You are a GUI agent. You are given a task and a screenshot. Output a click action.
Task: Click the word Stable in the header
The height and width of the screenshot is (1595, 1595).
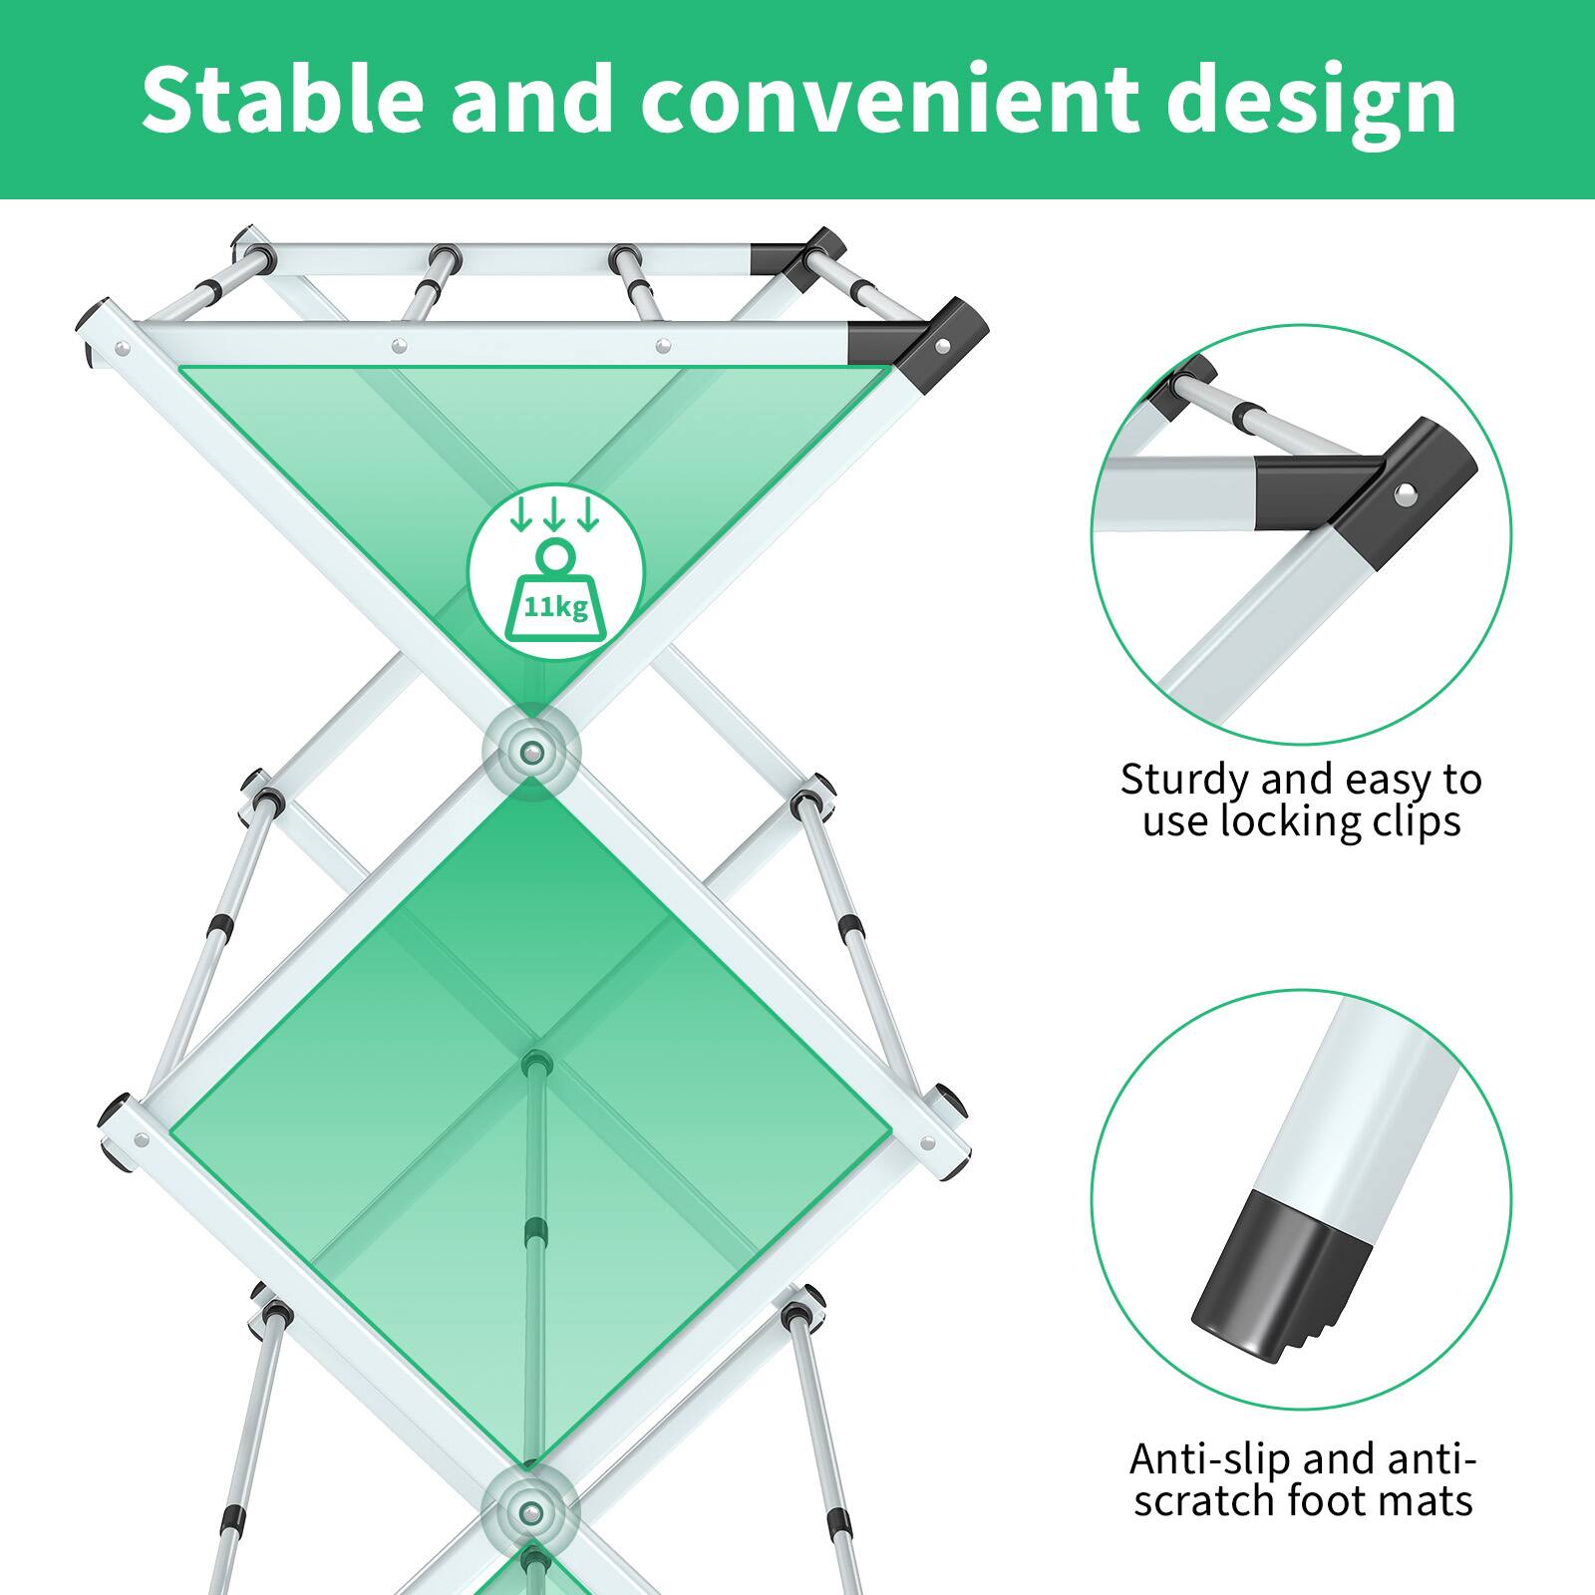(x=282, y=100)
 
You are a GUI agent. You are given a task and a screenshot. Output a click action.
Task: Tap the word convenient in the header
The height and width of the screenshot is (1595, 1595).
(x=889, y=100)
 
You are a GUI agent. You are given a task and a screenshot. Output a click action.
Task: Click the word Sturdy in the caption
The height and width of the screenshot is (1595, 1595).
(x=1183, y=780)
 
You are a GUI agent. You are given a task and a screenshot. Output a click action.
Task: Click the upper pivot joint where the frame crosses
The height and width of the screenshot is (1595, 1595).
(x=531, y=750)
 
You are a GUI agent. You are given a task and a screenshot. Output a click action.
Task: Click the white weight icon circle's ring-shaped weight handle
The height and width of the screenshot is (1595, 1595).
(x=555, y=554)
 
